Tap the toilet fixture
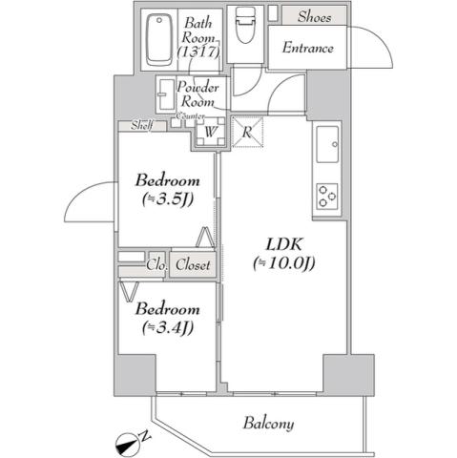(246, 24)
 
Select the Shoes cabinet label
(314, 15)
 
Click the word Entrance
(307, 47)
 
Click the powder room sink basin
(167, 93)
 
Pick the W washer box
(210, 133)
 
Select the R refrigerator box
(246, 133)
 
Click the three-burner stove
(328, 196)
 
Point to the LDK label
(283, 242)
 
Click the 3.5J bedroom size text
(167, 200)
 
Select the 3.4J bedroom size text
(167, 328)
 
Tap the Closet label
(193, 266)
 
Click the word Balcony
(267, 424)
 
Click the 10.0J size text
(283, 263)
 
